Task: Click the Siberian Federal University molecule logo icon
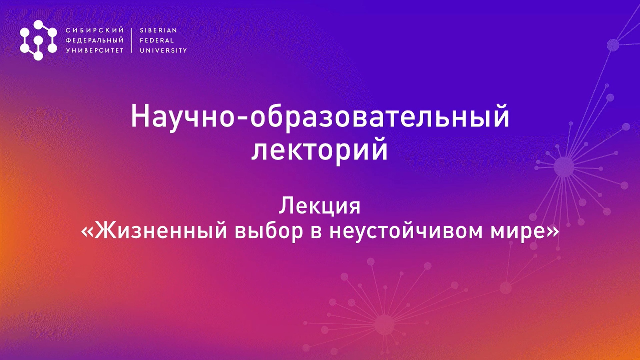[x=38, y=40]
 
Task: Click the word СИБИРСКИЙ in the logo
[x=95, y=30]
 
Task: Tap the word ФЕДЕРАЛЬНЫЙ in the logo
[x=95, y=40]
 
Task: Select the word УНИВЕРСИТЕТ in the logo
[x=95, y=51]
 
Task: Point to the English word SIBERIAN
[x=158, y=30]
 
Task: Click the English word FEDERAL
[x=157, y=40]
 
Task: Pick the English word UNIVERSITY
[x=163, y=51]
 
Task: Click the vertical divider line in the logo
[x=132, y=40]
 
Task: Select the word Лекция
[x=319, y=206]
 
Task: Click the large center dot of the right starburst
[x=564, y=167]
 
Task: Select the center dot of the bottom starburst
[x=384, y=324]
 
